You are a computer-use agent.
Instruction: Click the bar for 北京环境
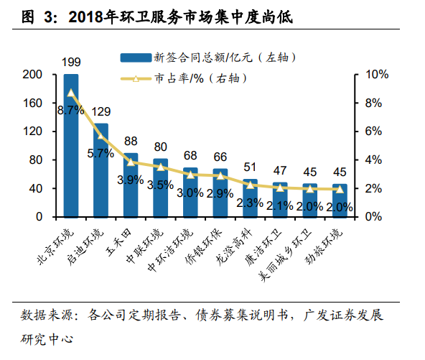71,146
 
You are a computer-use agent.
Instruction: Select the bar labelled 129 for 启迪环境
101,170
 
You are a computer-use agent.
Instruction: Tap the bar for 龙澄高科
250,198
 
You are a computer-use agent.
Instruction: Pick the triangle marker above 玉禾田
131,162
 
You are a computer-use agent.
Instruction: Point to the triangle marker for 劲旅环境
340,190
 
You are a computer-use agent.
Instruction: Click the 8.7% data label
71,110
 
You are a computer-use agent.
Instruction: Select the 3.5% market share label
160,185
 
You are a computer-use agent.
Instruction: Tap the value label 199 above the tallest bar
71,62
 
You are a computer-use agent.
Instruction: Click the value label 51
250,167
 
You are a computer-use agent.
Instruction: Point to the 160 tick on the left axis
32,103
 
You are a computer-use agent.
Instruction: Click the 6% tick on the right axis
373,131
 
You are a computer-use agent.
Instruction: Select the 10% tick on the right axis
377,74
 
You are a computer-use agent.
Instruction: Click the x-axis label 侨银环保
203,247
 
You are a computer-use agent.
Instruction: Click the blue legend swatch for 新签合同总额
136,57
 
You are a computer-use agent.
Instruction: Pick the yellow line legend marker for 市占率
136,79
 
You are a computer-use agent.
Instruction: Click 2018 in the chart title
86,17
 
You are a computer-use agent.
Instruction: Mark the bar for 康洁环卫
280,200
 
